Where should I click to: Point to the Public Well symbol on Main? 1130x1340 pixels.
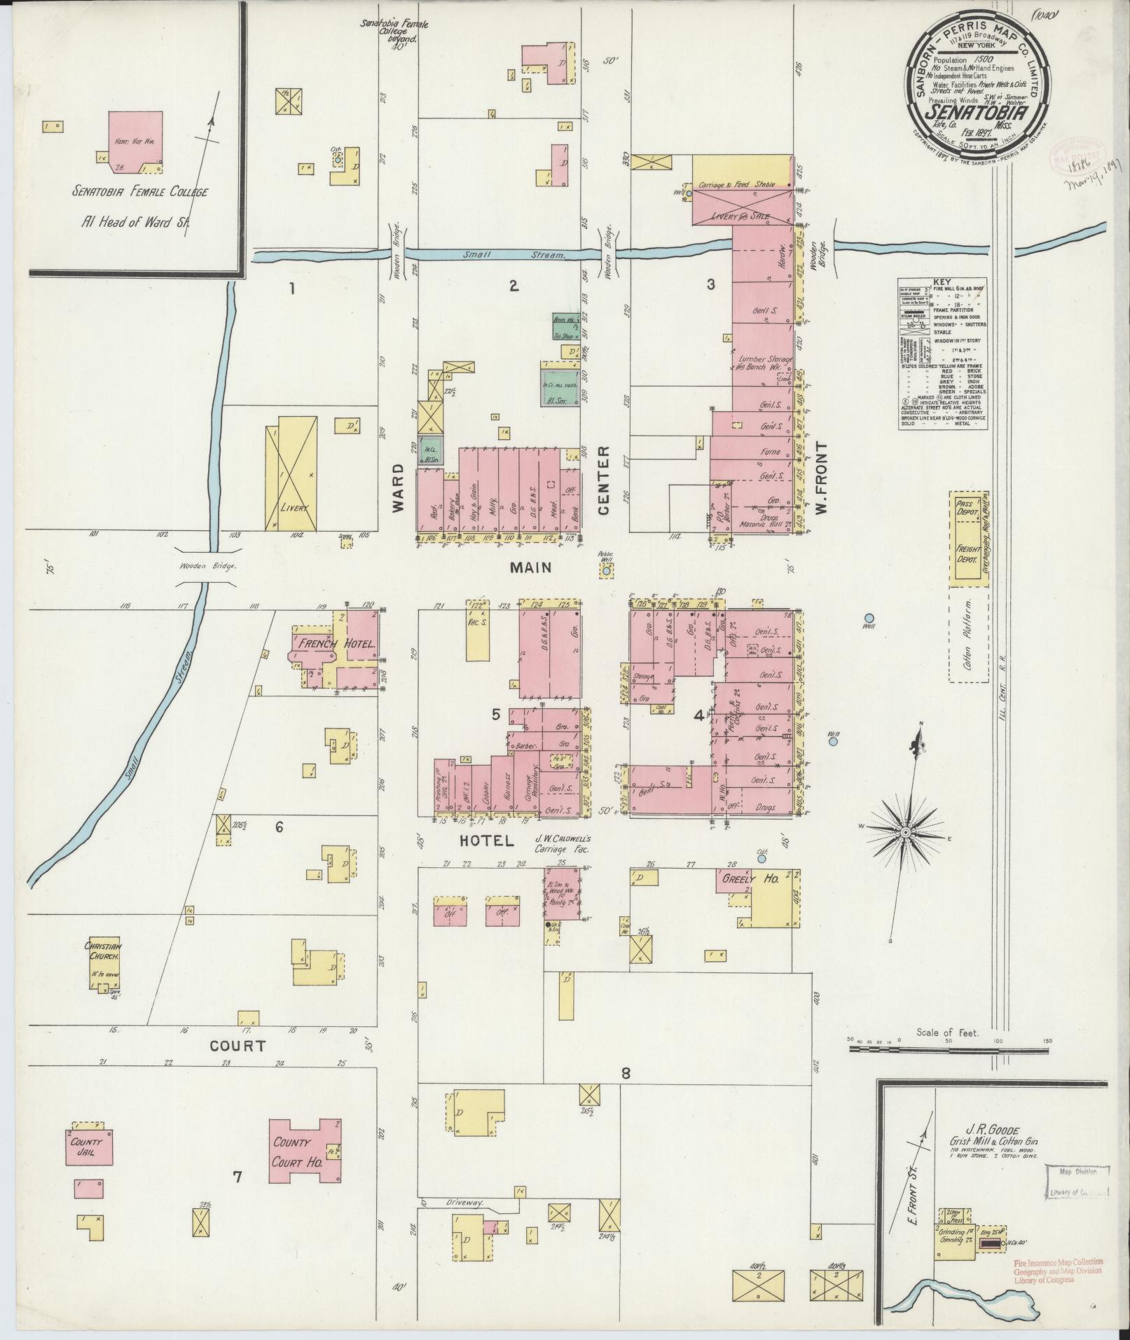coord(605,572)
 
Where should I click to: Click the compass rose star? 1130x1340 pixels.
coord(905,831)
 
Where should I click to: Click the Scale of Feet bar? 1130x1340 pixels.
coord(949,1070)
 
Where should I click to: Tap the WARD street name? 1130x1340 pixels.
coord(399,488)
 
